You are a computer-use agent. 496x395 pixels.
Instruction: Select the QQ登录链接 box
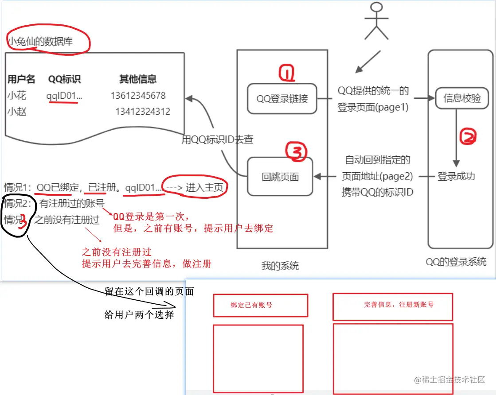282,98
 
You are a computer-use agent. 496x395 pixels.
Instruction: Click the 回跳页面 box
280,177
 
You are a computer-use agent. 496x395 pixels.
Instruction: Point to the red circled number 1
287,74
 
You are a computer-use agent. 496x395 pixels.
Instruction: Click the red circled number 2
468,137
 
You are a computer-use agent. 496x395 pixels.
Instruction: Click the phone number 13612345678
138,96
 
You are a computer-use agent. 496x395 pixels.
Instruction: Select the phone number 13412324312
143,112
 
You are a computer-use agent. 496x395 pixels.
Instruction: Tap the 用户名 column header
21,79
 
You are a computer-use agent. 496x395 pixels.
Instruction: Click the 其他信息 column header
138,79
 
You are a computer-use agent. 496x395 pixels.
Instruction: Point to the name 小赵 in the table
16,112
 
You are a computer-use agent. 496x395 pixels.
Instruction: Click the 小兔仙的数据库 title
40,42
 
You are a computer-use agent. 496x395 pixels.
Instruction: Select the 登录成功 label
456,176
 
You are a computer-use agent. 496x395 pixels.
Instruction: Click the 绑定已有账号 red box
260,305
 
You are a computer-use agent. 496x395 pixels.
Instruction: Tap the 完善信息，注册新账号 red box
392,305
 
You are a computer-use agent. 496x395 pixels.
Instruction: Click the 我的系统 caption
280,266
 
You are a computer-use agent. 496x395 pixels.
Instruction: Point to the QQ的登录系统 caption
456,261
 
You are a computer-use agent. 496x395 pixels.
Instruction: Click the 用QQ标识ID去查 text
217,139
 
